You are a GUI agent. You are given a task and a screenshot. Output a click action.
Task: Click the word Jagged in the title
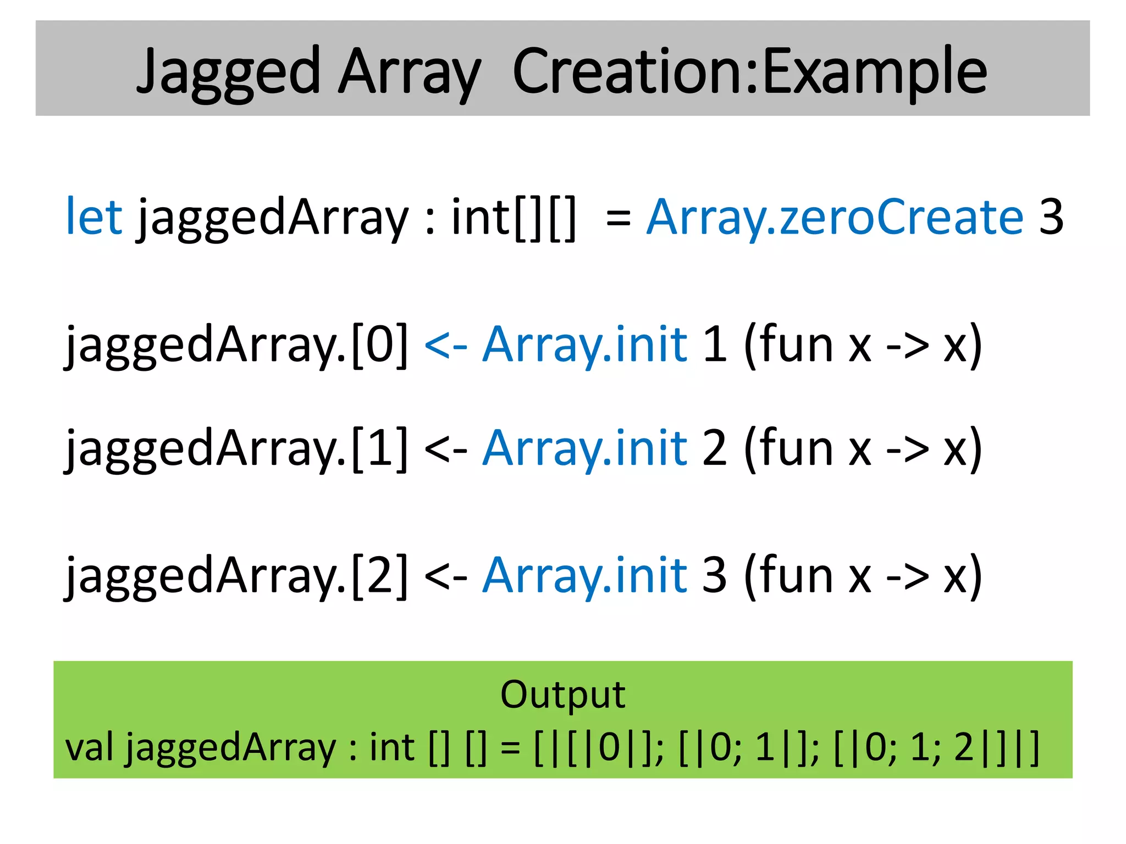(228, 71)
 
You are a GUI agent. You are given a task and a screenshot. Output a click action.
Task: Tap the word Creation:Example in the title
(750, 71)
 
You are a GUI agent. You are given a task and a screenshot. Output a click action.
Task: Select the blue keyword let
(93, 216)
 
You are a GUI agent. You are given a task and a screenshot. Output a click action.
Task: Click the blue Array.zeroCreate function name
(835, 216)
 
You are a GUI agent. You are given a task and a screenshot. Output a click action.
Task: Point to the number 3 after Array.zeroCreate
(1051, 216)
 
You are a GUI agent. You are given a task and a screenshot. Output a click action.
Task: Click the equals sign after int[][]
(618, 218)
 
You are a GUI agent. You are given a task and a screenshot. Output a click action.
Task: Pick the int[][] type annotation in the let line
(514, 218)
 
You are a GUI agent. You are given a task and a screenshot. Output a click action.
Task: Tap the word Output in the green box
(562, 695)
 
